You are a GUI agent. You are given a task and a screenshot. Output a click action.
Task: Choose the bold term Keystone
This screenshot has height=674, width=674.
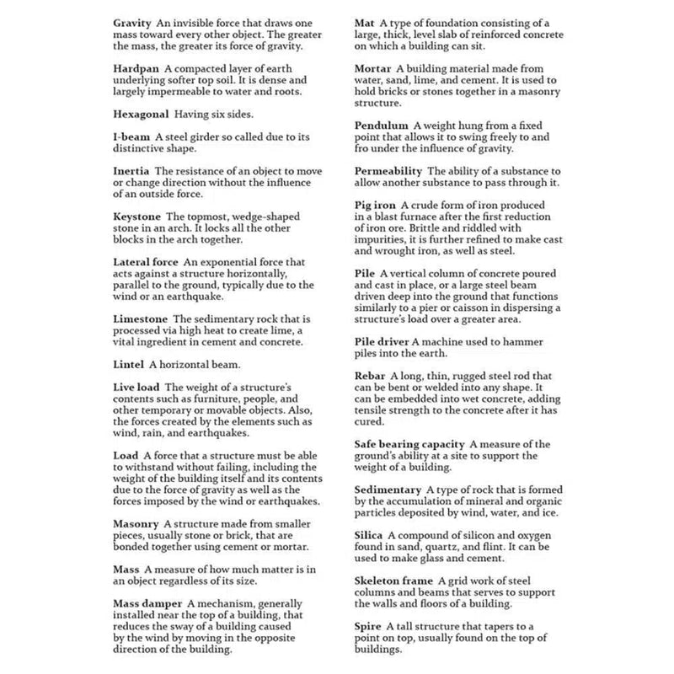point(137,216)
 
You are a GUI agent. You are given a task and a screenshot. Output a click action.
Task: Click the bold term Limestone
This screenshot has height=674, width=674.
point(141,318)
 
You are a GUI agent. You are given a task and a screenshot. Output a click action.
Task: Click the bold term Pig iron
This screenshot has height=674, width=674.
point(376,206)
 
